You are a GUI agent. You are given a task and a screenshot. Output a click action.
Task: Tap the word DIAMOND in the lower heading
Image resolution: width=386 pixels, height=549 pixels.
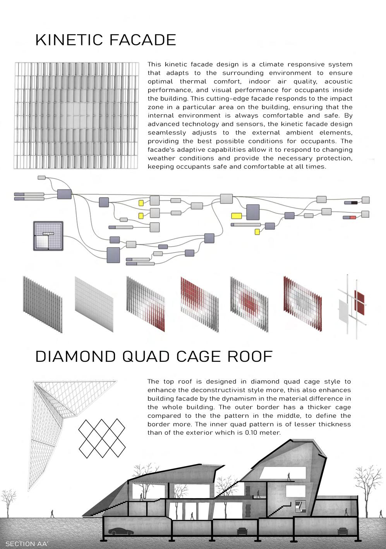pos(75,357)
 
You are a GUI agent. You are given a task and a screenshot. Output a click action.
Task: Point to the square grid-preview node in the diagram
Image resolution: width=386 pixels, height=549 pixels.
pos(48,236)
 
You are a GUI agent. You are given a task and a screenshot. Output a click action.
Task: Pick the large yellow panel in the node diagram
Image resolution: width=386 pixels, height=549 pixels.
pos(236,216)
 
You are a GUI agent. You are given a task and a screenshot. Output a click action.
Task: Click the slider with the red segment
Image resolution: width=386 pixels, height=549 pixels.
pos(350,218)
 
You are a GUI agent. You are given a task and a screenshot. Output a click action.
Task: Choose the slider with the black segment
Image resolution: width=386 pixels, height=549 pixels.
pos(351,203)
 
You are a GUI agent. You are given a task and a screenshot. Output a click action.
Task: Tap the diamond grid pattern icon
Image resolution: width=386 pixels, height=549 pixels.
pos(102,438)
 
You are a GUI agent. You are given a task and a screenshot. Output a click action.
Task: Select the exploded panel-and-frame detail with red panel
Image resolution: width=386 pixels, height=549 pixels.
pos(352,307)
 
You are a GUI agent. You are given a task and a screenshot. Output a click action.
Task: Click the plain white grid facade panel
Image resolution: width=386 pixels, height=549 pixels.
pos(94,304)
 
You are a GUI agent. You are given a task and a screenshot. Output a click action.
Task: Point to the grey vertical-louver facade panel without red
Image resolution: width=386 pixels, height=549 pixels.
pos(42,305)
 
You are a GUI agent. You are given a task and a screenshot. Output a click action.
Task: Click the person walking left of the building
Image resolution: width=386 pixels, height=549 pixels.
pos(52,514)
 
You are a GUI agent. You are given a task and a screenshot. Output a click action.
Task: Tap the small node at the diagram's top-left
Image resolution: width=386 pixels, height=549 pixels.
pos(42,178)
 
